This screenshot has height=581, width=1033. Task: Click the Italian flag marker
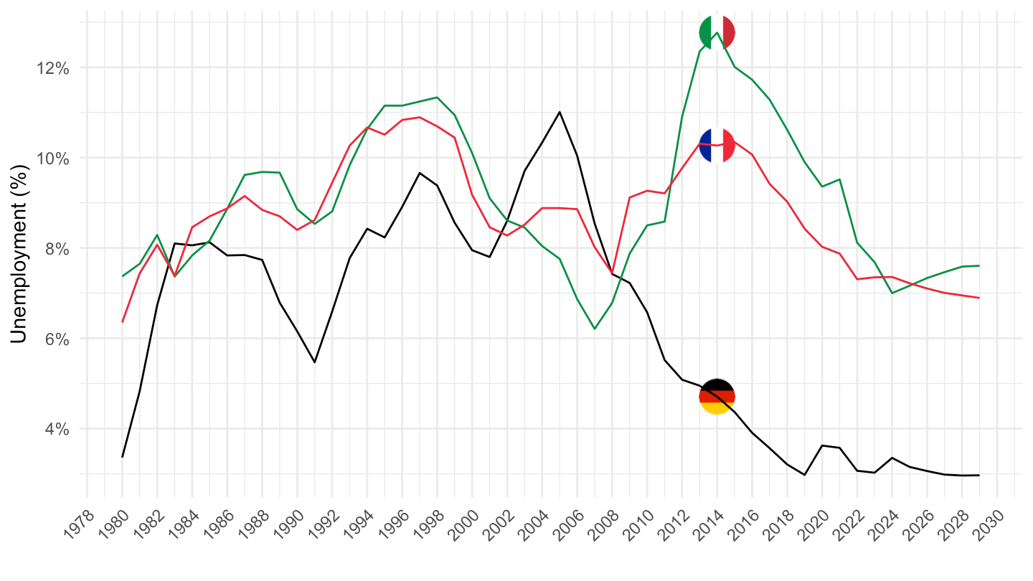(717, 32)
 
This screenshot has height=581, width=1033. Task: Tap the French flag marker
(717, 146)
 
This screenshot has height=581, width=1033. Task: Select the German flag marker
(717, 396)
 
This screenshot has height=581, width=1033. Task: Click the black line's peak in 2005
(560, 112)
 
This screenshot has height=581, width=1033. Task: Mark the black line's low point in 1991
(314, 362)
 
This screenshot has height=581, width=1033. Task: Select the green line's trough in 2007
(595, 329)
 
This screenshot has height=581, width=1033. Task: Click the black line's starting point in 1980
(123, 457)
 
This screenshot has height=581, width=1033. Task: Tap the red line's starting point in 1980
(123, 321)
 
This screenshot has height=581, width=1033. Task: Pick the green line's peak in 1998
(437, 97)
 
